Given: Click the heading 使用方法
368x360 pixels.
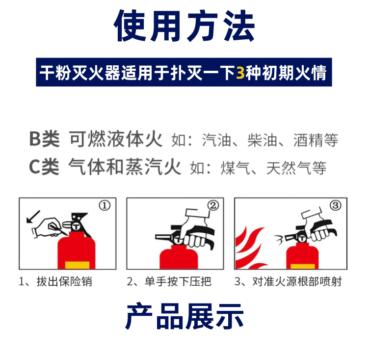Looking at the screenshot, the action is pyautogui.click(x=184, y=26).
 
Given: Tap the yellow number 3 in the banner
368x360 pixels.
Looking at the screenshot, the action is pyautogui.click(x=240, y=73).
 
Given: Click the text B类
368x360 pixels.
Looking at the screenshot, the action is pyautogui.click(x=44, y=139).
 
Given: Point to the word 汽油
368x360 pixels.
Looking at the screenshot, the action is pyautogui.click(x=216, y=140).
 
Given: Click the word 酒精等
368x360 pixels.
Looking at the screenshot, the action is pyautogui.click(x=315, y=140).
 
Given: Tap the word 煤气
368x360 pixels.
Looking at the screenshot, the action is pyautogui.click(x=236, y=168).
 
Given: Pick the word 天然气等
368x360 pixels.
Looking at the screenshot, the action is pyautogui.click(x=296, y=168).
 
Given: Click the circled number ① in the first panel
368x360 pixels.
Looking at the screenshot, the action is pyautogui.click(x=105, y=206).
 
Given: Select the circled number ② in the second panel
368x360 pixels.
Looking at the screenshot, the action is pyautogui.click(x=213, y=206).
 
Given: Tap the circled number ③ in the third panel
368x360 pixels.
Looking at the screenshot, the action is pyautogui.click(x=336, y=206).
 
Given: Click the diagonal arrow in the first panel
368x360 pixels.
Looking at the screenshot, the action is pyautogui.click(x=33, y=217).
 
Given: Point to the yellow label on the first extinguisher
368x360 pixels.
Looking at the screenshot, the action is pyautogui.click(x=77, y=265).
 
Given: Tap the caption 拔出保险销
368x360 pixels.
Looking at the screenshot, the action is pyautogui.click(x=64, y=281).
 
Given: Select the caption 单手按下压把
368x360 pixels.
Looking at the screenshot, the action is pyautogui.click(x=178, y=281).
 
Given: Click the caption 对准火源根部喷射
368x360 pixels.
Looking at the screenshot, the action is pyautogui.click(x=297, y=281).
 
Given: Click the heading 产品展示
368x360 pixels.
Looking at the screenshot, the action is pyautogui.click(x=184, y=316).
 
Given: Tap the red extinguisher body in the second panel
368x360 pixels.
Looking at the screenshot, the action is pyautogui.click(x=179, y=257).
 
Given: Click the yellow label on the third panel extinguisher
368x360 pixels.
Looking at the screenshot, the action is pyautogui.click(x=303, y=267).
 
